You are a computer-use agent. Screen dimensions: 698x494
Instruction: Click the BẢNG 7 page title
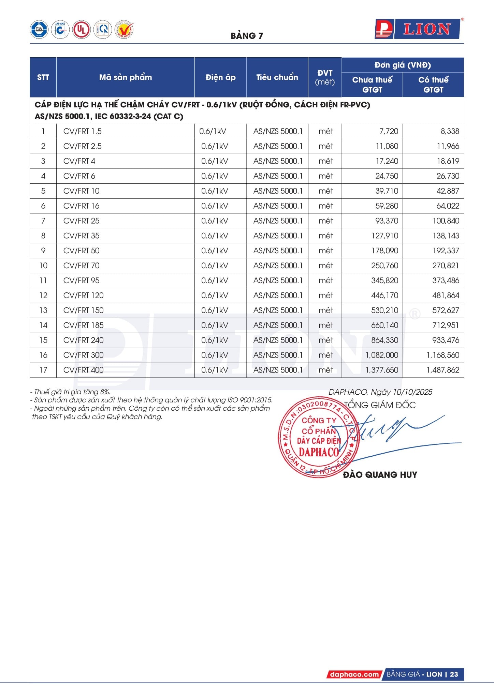coord(247,36)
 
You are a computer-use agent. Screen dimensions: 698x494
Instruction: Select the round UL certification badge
coord(81,30)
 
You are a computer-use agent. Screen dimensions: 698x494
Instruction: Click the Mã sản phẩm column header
coord(125,77)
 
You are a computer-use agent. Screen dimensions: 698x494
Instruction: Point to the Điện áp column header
coord(220,77)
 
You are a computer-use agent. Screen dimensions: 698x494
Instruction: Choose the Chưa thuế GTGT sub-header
coord(372,85)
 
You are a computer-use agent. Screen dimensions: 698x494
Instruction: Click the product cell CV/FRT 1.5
coord(83,131)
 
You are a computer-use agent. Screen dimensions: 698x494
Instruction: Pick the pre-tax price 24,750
coord(387,176)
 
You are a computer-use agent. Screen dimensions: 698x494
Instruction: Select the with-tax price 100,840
coord(446,221)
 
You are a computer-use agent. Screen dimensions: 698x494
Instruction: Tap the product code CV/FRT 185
coord(84,325)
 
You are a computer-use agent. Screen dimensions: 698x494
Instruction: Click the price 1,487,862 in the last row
coord(443,370)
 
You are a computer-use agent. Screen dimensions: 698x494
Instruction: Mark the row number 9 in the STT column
coord(43,251)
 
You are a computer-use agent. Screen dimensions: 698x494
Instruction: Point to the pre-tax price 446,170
coord(384,295)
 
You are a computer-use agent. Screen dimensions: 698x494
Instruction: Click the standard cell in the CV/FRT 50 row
coord(278,251)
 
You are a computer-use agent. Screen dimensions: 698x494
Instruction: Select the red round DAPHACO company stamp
coord(318,437)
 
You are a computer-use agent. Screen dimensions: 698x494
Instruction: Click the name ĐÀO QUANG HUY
coord(380,475)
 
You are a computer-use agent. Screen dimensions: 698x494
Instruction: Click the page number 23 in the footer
coord(454,674)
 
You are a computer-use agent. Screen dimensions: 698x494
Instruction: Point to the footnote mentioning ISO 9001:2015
coord(153,400)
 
